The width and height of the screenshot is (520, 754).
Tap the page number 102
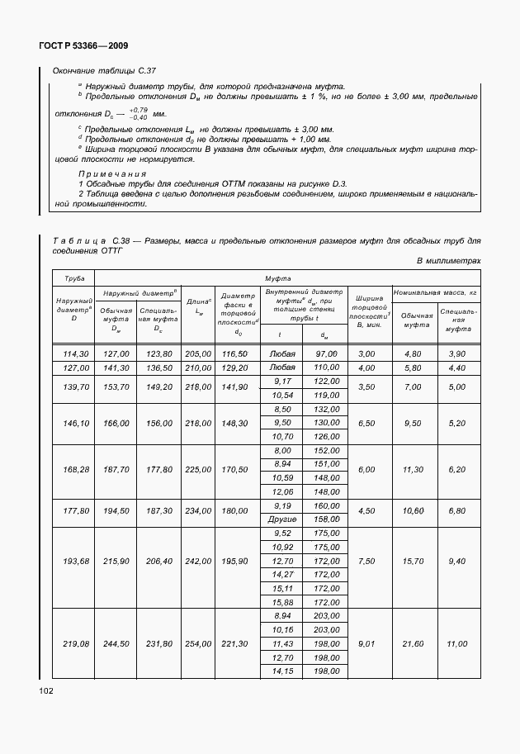click(x=45, y=690)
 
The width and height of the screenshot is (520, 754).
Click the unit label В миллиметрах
click(x=448, y=261)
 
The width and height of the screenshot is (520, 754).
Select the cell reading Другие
click(x=282, y=519)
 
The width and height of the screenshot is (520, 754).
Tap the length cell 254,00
click(x=198, y=643)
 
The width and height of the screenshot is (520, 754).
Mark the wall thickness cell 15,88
click(x=282, y=602)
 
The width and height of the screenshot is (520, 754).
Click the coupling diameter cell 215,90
click(x=116, y=561)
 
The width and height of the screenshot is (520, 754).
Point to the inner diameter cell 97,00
click(x=327, y=353)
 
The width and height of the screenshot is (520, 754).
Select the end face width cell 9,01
click(x=366, y=643)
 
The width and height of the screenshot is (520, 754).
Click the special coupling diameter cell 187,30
click(x=158, y=511)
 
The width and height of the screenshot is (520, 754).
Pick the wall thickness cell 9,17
click(x=282, y=381)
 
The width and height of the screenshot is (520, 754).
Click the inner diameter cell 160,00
click(x=327, y=505)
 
